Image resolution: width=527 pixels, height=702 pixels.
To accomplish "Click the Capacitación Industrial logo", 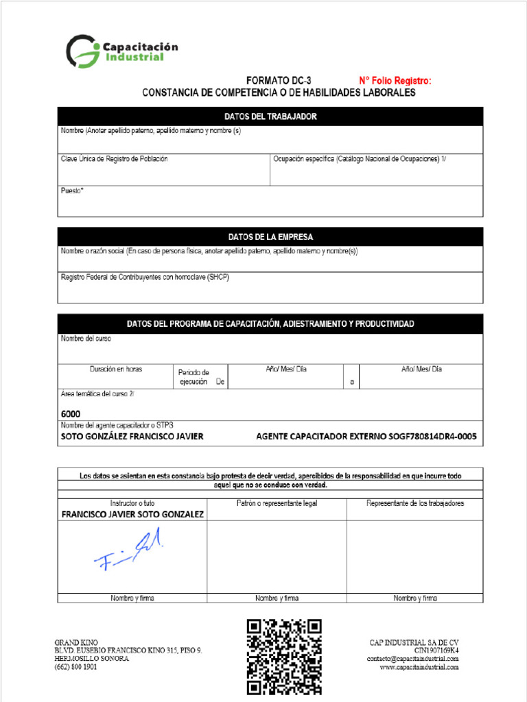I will point(121,51).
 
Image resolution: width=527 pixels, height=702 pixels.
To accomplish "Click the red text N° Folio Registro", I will point(395,81).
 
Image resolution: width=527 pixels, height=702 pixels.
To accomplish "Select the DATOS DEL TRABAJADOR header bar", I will point(270,117).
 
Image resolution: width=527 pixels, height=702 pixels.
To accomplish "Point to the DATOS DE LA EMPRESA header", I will point(270,237).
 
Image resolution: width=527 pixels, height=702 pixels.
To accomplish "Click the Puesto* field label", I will point(72,191).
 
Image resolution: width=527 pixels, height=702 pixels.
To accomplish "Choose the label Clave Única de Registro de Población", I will point(114,159).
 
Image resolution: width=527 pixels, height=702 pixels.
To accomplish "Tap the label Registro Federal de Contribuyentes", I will point(145,277).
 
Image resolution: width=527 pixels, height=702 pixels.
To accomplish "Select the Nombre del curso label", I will point(86,339).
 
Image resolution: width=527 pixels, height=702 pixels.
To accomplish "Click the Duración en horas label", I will point(116,369).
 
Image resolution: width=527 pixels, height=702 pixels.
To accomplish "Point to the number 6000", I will point(71,414).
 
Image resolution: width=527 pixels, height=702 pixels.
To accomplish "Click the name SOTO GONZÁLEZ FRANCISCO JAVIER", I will point(132,436).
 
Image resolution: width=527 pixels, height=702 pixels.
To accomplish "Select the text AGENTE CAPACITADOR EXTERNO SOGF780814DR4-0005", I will point(366,436).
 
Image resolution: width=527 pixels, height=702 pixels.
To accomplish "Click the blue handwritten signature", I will point(130,552).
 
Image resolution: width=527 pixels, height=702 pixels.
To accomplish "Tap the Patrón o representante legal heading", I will point(277,503).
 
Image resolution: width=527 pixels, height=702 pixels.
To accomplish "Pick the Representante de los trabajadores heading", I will point(415,503).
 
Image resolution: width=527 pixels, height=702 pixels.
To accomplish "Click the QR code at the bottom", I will point(284,657).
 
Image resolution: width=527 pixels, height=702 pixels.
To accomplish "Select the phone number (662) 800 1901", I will point(75,667).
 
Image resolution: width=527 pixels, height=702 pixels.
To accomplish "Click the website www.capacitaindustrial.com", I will point(419,667).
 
